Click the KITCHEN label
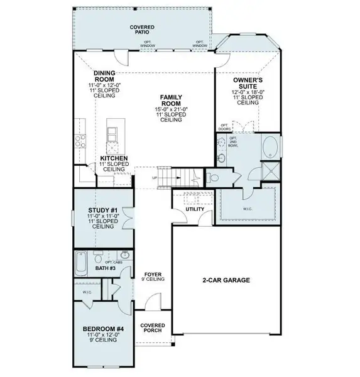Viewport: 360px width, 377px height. tap(114, 158)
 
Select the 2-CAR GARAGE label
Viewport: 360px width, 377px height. tap(226, 280)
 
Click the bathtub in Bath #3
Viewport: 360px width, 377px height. tap(82, 263)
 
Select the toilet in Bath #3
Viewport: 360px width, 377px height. tap(98, 258)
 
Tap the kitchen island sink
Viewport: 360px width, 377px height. tap(112, 134)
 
